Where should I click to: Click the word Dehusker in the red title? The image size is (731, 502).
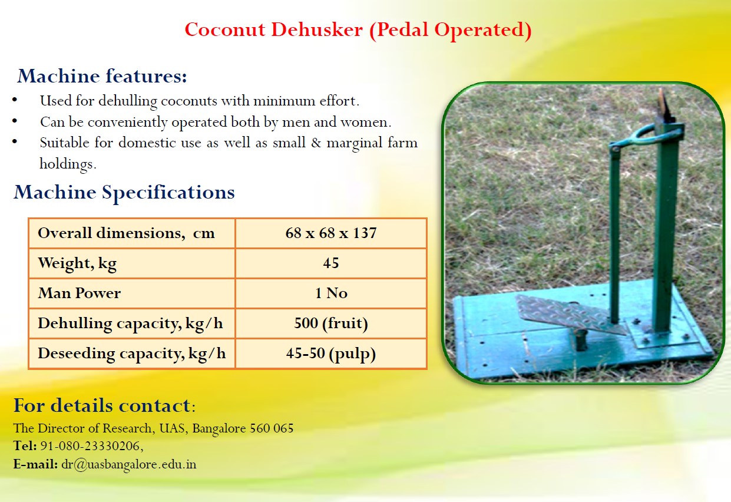click(x=317, y=29)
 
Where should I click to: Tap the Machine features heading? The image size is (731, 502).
click(x=102, y=76)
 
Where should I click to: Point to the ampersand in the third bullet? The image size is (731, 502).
click(x=316, y=143)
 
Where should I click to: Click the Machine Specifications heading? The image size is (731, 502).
click(x=124, y=192)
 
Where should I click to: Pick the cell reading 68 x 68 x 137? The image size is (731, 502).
click(x=331, y=233)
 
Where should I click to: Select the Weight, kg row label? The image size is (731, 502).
click(x=77, y=263)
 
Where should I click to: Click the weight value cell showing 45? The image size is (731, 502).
click(x=331, y=263)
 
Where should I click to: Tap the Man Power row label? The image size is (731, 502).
click(x=80, y=293)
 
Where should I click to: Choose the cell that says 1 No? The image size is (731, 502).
click(x=331, y=293)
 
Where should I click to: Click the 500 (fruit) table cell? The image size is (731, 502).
click(x=331, y=323)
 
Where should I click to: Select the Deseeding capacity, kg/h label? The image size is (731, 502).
click(x=131, y=354)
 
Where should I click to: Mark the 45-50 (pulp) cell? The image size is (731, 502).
click(x=331, y=354)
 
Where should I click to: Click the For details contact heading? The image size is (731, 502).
click(x=104, y=406)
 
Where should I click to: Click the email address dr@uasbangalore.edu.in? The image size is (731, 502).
click(x=129, y=464)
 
